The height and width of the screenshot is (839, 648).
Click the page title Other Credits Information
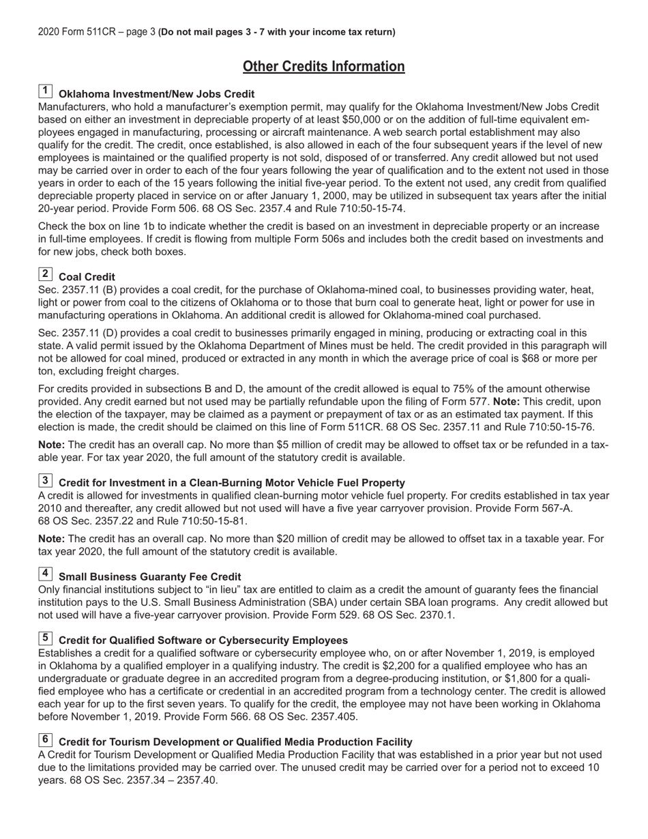(x=323, y=66)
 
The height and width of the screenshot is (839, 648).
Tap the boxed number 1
(x=45, y=91)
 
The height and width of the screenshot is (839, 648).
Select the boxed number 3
(x=45, y=480)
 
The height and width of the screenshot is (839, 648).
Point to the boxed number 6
(x=45, y=739)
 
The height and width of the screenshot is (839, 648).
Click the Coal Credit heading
(x=87, y=277)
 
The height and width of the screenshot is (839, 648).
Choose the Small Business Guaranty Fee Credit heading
(x=149, y=576)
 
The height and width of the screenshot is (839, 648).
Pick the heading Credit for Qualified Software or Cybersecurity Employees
(x=203, y=641)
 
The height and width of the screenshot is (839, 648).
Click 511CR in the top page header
(x=102, y=32)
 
